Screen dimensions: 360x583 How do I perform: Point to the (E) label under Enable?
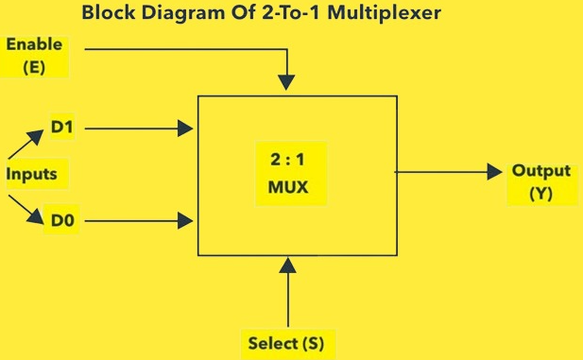point(34,67)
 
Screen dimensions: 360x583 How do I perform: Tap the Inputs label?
point(32,174)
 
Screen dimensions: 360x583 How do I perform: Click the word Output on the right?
point(540,172)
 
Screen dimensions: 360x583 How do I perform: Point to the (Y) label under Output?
point(540,194)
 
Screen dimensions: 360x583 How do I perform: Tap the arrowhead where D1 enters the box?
point(187,126)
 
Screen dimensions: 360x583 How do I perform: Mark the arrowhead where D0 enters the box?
point(187,222)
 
